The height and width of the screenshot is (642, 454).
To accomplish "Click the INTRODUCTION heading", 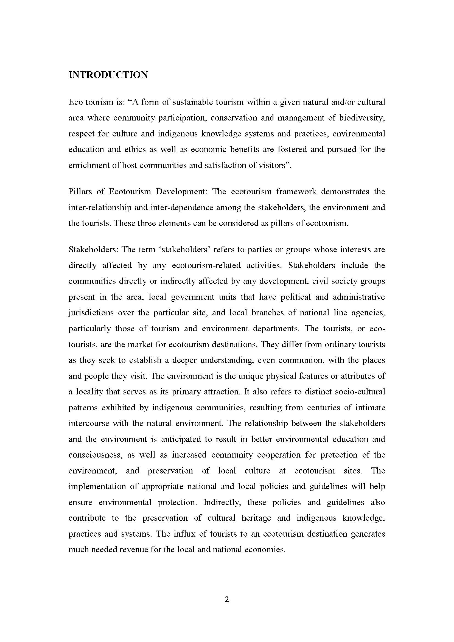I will [x=108, y=75].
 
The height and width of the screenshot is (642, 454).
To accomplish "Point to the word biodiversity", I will [x=362, y=118].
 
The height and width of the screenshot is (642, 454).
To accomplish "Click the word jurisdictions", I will [x=91, y=313].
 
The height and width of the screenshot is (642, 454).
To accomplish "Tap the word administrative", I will [x=359, y=297].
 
